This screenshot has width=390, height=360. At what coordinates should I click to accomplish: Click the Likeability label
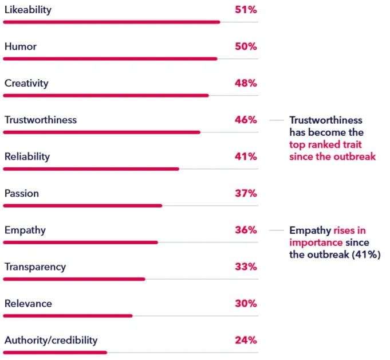click(x=27, y=10)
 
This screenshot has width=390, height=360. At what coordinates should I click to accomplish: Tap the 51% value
click(x=246, y=10)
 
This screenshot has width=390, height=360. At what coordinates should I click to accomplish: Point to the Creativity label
click(x=26, y=84)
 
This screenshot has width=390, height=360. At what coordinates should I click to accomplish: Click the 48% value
click(x=246, y=84)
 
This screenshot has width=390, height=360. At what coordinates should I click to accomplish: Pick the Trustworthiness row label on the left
click(x=40, y=120)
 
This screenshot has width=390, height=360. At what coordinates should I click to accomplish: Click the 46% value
click(x=246, y=120)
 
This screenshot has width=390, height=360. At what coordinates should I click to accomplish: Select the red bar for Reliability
click(x=91, y=169)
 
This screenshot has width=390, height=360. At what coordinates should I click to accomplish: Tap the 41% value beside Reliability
click(x=246, y=157)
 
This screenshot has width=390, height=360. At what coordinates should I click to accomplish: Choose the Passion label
click(x=22, y=194)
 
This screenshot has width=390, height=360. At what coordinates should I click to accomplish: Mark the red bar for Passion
click(x=82, y=205)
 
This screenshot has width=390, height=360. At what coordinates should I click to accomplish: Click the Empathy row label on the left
click(x=25, y=230)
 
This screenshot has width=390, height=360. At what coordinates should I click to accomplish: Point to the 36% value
click(x=246, y=230)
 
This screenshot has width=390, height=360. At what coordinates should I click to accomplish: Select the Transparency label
click(x=35, y=267)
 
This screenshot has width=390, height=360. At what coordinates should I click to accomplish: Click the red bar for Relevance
click(x=68, y=315)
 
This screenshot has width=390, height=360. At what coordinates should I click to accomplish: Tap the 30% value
click(x=246, y=304)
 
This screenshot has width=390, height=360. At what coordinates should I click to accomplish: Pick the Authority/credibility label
click(x=51, y=341)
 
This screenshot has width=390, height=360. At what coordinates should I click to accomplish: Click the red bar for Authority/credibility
click(x=55, y=352)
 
